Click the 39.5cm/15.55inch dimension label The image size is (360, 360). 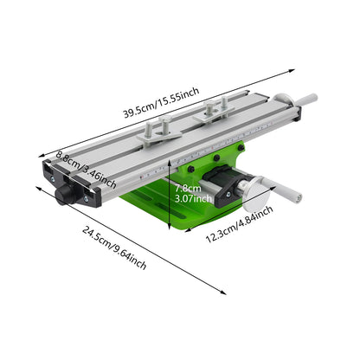(x=162, y=102)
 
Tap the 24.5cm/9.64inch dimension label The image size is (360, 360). (x=114, y=247)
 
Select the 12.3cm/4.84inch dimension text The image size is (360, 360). (x=239, y=224)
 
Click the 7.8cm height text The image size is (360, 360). (x=188, y=189)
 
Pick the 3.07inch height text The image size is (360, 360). (x=193, y=198)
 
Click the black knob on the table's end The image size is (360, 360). (x=64, y=195)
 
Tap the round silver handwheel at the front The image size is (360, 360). (x=255, y=194)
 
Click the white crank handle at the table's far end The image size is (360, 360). (x=305, y=100)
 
